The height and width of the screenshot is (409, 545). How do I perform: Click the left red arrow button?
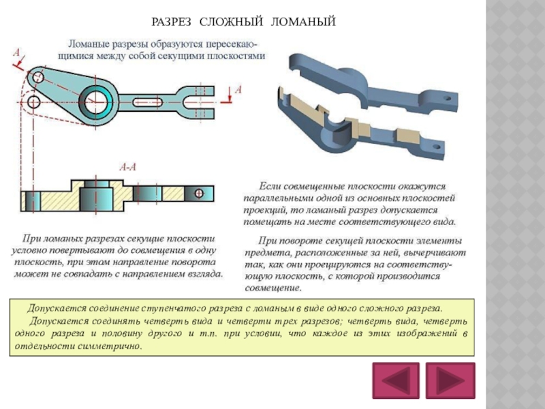click(394, 381)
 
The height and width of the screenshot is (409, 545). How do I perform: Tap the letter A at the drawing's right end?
click(238, 89)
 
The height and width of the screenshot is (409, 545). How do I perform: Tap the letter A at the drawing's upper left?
click(16, 51)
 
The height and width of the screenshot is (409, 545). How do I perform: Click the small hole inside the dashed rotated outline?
click(33, 102)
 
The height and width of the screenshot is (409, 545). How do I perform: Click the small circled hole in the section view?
click(198, 194)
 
